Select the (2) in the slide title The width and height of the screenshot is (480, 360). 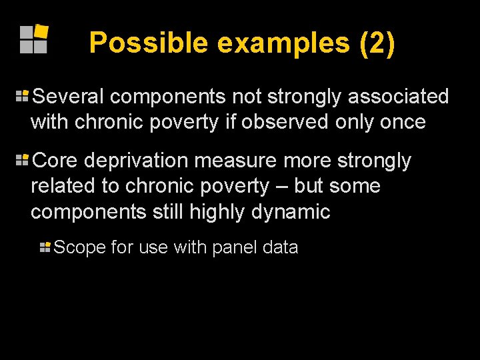pyautogui.click(x=377, y=43)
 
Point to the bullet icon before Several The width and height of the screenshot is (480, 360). pyautogui.click(x=22, y=96)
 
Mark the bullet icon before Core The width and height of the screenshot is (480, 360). pyautogui.click(x=22, y=160)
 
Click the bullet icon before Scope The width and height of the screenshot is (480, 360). pyautogui.click(x=45, y=247)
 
